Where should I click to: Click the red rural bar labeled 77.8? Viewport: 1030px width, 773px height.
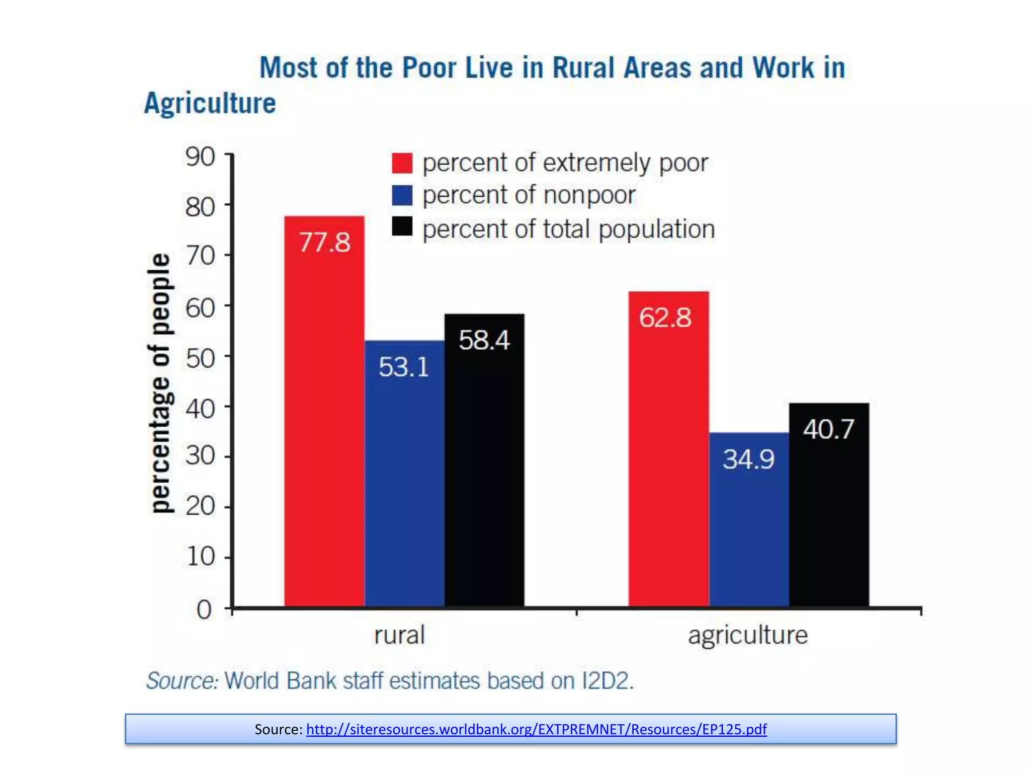click(x=324, y=413)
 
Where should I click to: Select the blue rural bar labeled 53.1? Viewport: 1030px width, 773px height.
click(x=404, y=473)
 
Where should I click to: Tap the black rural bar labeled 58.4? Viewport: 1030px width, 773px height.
click(x=484, y=460)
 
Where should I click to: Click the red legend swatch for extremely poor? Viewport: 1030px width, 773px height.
click(x=402, y=163)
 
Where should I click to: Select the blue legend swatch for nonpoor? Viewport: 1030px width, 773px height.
click(x=402, y=195)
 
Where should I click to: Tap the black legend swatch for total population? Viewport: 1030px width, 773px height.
click(x=402, y=226)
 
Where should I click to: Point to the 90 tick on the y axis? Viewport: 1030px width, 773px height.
click(x=200, y=157)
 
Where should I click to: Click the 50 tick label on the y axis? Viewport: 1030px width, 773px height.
click(x=200, y=358)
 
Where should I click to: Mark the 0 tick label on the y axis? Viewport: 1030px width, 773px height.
click(x=204, y=610)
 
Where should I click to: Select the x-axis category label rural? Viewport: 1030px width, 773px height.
click(x=399, y=635)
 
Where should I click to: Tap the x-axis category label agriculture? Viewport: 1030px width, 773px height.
click(x=748, y=635)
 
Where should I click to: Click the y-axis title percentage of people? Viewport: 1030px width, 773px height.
click(x=160, y=382)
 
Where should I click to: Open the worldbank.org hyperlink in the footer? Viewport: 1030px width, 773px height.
click(x=536, y=729)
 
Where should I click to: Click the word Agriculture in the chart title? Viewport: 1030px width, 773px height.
click(x=210, y=104)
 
